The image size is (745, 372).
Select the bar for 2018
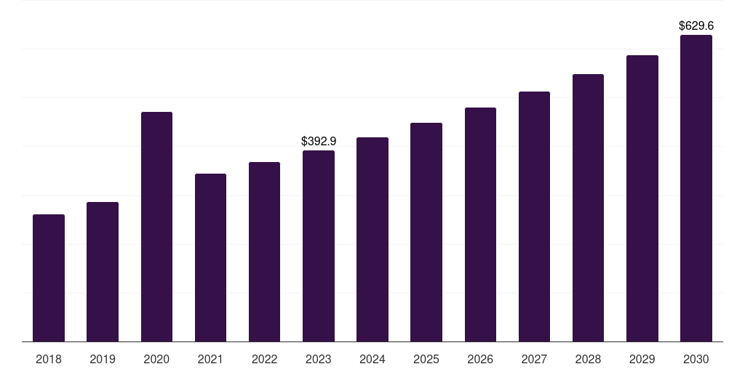click(49, 278)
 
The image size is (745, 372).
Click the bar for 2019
click(103, 272)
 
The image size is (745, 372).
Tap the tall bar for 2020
click(157, 227)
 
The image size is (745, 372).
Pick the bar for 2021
click(210, 258)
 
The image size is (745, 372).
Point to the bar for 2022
click(264, 252)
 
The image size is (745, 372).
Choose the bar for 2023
click(319, 246)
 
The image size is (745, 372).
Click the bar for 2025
click(426, 232)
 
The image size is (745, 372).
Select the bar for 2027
click(534, 217)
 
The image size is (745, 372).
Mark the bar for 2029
click(642, 198)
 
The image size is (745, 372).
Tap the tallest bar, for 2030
click(696, 188)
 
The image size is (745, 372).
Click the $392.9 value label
click(319, 142)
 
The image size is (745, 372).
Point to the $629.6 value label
click(696, 25)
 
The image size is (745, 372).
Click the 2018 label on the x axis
click(49, 359)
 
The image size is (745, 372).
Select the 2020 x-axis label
click(156, 359)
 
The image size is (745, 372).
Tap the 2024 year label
click(372, 359)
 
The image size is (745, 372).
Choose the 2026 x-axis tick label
click(480, 359)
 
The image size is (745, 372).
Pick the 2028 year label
click(588, 359)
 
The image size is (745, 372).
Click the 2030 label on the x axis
click(696, 359)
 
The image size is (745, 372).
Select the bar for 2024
click(372, 240)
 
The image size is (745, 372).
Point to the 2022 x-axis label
click(264, 359)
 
